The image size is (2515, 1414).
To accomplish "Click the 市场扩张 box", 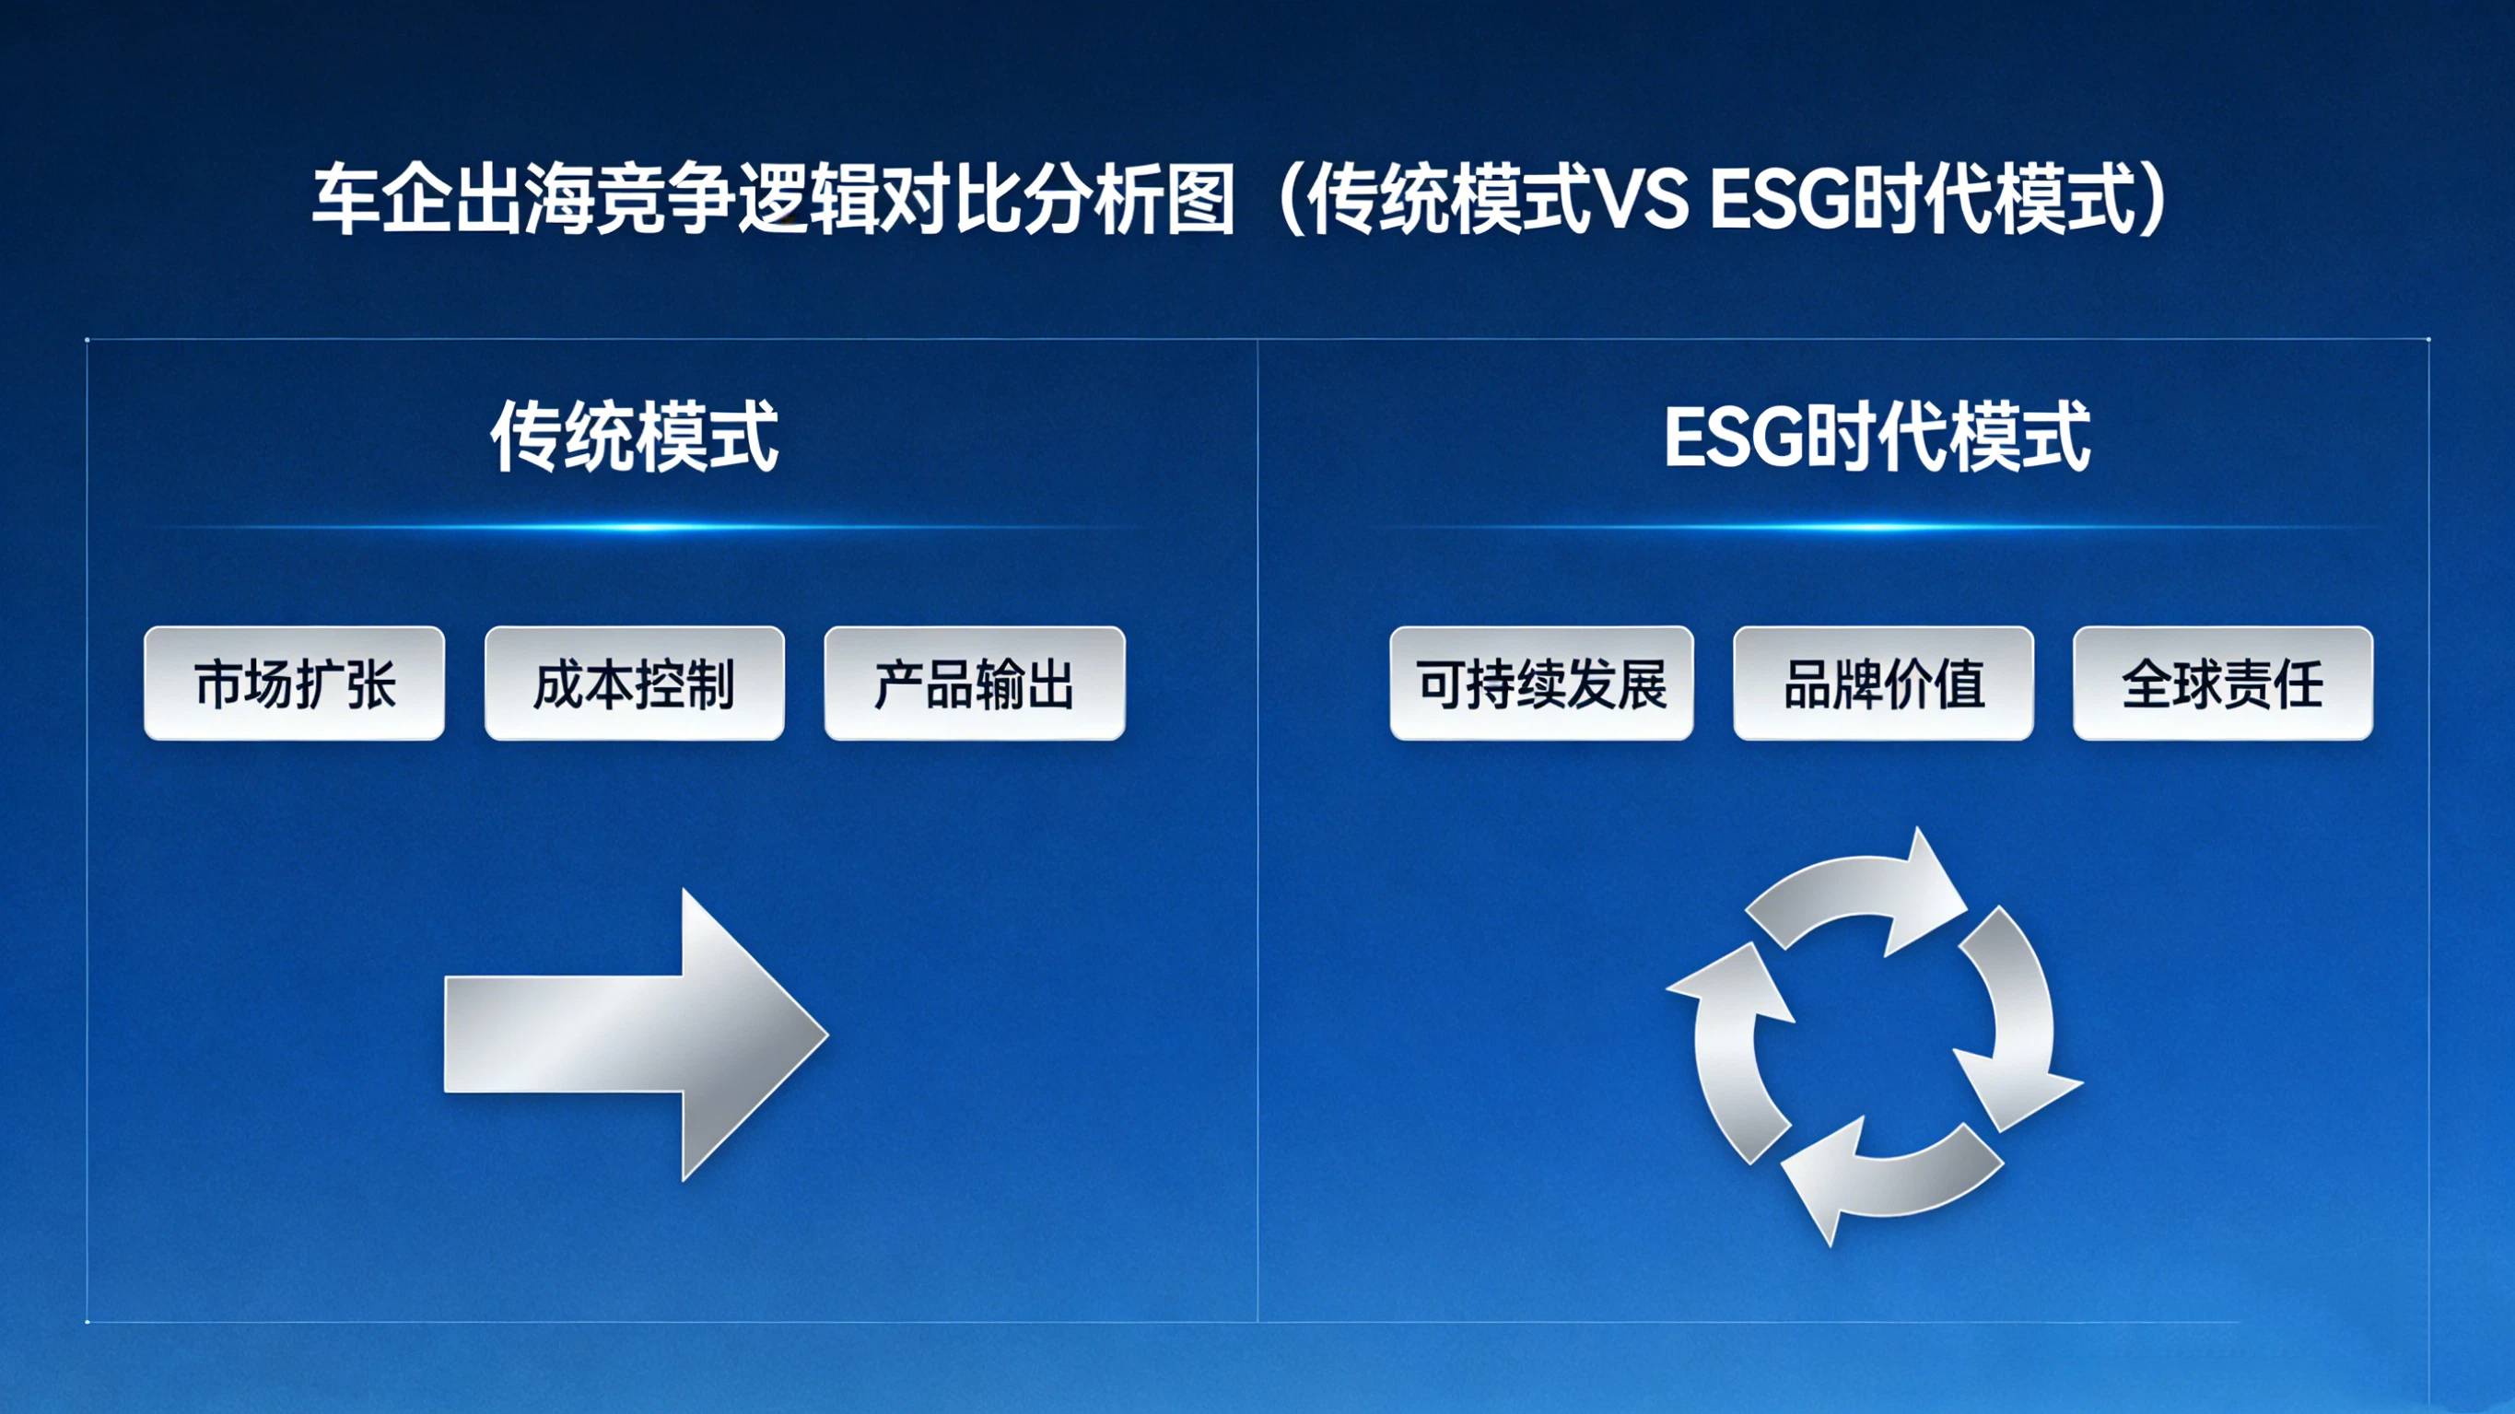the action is [294, 684].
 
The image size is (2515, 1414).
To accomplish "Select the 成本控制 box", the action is [635, 684].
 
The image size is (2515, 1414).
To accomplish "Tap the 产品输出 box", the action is [975, 684].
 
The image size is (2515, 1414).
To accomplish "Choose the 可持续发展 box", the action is [1541, 684].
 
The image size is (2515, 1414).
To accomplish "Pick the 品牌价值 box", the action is [1883, 684].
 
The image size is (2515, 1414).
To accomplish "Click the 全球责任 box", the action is [2223, 684].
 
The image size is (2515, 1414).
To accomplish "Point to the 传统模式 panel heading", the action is [635, 437].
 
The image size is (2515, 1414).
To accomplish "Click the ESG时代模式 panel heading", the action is [1877, 437].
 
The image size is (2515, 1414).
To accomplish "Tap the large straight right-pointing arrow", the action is [637, 1035].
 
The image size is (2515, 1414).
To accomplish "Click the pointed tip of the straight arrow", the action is [829, 1034].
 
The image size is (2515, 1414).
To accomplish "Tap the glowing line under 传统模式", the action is [635, 527].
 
